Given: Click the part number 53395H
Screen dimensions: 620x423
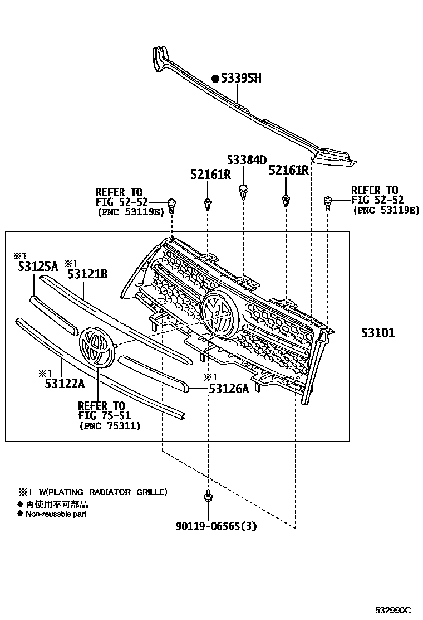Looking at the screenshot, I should (241, 79).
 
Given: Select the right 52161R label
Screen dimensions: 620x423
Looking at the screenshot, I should (289, 170).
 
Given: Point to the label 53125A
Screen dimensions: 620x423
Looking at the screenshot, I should (37, 267).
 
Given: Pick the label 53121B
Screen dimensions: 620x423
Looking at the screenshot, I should (87, 274).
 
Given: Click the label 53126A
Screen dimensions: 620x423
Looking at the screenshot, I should (229, 389).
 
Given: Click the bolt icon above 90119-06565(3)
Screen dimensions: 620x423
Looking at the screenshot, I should (207, 495).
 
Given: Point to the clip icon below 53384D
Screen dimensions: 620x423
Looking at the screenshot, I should (243, 191).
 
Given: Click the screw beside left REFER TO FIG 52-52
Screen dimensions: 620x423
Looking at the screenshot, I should (171, 205).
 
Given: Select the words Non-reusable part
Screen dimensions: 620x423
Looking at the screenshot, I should (56, 514).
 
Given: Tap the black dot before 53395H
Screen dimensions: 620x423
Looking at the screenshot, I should (215, 79).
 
